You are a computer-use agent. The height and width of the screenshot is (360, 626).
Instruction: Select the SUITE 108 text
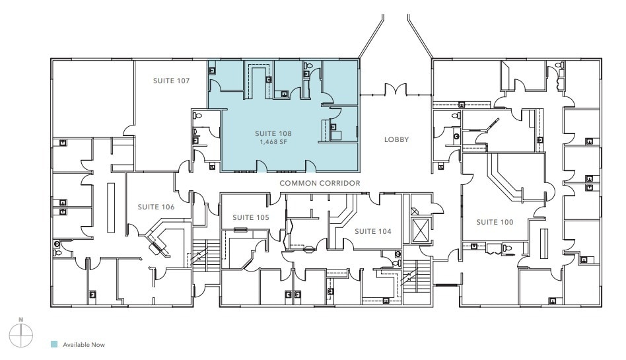(x=273, y=133)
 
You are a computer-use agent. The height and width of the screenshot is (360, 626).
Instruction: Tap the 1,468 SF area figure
(x=273, y=141)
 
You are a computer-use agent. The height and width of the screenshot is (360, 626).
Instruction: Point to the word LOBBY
(x=397, y=140)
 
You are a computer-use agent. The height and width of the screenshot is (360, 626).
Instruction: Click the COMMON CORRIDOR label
(x=320, y=183)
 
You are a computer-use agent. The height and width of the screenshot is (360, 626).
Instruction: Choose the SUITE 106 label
(x=156, y=207)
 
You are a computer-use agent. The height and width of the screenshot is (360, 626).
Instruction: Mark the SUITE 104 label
(x=373, y=232)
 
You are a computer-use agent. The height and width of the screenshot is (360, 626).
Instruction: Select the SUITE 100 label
(x=495, y=222)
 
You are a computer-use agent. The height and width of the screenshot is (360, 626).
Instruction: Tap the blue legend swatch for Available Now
(x=55, y=344)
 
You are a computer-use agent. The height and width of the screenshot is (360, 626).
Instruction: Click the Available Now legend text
(x=84, y=344)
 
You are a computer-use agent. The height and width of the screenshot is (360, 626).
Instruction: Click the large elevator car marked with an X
(x=420, y=231)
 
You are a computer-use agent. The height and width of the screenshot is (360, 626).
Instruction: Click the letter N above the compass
(x=21, y=320)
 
